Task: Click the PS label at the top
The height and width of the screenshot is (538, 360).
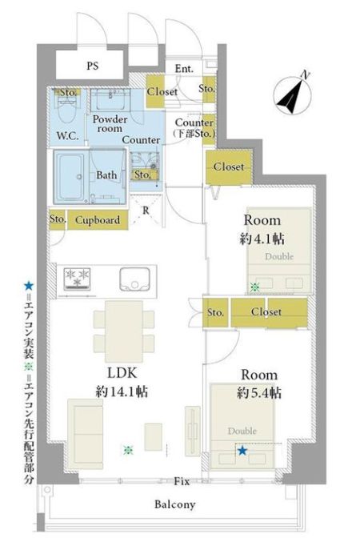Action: coord(93,66)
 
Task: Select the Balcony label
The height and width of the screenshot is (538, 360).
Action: coord(175,504)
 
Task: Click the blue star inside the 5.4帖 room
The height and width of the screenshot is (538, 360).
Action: coord(242,451)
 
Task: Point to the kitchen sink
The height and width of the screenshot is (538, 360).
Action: coord(134,279)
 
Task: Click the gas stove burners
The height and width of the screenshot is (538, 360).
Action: coord(77,278)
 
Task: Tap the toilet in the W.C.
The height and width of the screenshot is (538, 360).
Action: coord(68,111)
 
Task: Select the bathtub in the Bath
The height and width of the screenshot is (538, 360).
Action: coord(70,177)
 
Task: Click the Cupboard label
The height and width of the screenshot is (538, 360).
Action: coord(98,220)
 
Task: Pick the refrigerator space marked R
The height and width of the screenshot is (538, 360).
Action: coord(146,210)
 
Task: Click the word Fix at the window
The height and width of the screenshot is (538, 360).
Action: coord(182,481)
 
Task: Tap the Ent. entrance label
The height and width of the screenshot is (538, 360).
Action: coord(184,69)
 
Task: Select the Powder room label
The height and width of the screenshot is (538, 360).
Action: coord(110,124)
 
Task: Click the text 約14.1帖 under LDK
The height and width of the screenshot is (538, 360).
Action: coord(122,391)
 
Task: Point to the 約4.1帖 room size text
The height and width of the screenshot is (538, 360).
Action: coord(262,239)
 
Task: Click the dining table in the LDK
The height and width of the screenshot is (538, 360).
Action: coord(124,331)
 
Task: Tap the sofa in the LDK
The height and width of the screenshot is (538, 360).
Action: coord(86,434)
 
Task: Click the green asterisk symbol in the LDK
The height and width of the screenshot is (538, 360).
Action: coord(128,450)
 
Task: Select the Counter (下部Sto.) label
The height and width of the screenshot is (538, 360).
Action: coord(194,128)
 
